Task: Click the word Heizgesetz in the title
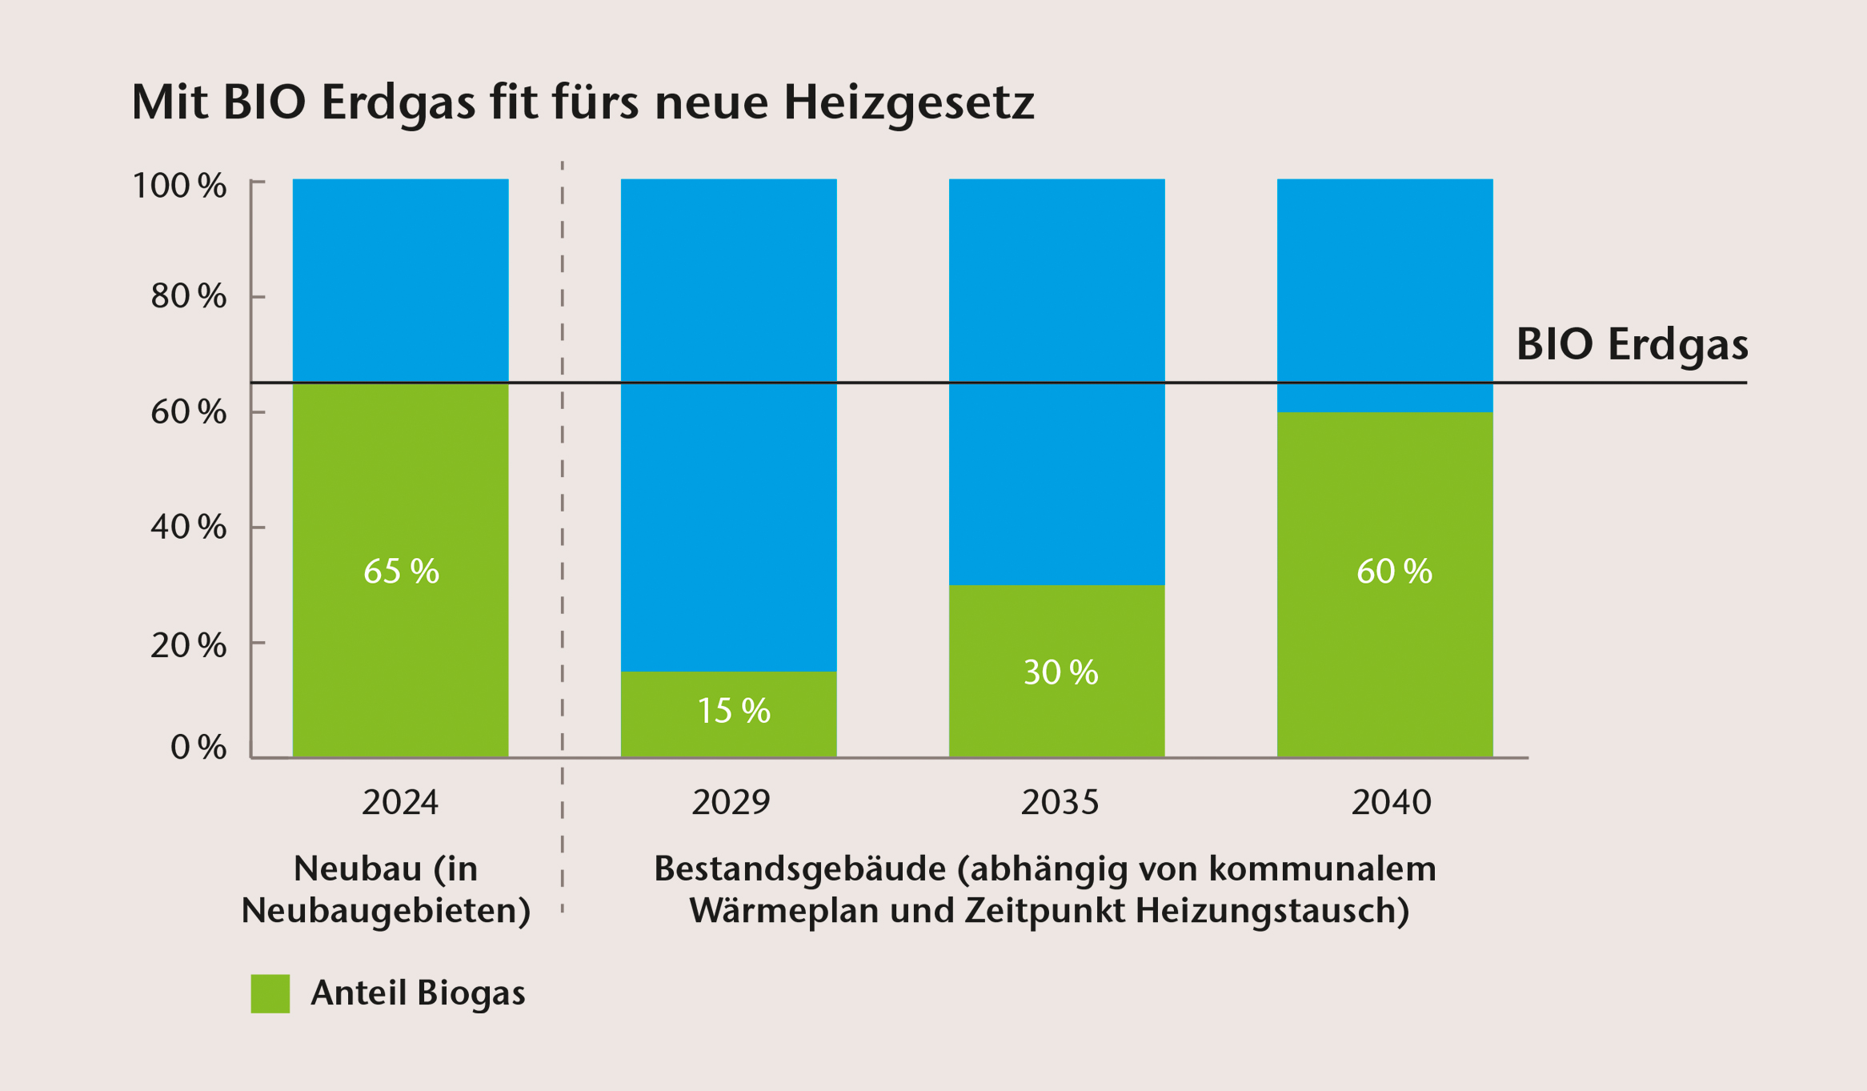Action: (x=908, y=102)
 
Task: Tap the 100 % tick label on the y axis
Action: (x=179, y=186)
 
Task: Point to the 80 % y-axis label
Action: (x=188, y=296)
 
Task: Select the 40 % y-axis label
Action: (x=188, y=527)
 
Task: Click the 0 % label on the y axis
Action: (x=198, y=747)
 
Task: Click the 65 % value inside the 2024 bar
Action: (x=401, y=571)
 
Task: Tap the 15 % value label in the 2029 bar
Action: (x=733, y=710)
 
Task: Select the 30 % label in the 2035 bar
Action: (x=1060, y=672)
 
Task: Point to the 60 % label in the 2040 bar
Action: (x=1394, y=571)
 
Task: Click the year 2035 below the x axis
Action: (x=1060, y=802)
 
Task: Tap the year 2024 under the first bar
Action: (x=400, y=802)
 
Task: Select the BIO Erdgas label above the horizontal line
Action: (x=1632, y=344)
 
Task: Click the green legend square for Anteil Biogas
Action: (x=270, y=993)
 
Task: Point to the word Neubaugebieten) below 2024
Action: (x=386, y=911)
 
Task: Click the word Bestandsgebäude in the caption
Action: (x=799, y=868)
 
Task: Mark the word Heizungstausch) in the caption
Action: (x=1272, y=911)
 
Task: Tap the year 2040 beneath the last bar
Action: (x=1391, y=802)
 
